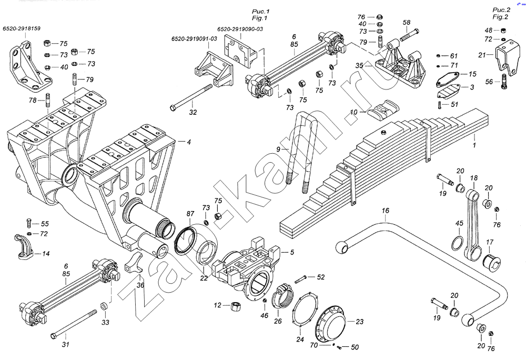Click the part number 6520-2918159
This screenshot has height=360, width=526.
[x=22, y=28]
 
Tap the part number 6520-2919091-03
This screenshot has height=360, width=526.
[x=194, y=39]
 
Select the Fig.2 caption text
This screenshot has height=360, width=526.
[x=500, y=17]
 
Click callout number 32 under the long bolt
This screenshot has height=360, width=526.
[x=193, y=113]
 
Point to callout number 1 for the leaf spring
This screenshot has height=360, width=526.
[x=474, y=145]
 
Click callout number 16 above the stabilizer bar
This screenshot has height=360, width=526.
[x=386, y=211]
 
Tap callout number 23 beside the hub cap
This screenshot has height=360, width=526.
[x=360, y=322]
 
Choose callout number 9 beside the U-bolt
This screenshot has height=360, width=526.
[x=278, y=148]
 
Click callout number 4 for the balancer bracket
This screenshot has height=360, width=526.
[x=189, y=142]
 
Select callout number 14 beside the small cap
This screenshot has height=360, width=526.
[x=46, y=254]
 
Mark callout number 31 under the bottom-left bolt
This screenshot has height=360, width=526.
[x=66, y=344]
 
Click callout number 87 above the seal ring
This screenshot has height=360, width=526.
[x=190, y=213]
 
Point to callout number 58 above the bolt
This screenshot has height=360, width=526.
[x=406, y=23]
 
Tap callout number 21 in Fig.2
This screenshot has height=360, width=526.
[x=482, y=55]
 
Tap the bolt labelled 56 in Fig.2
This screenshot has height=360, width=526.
[x=504, y=82]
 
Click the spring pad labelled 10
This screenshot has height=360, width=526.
[x=383, y=109]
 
